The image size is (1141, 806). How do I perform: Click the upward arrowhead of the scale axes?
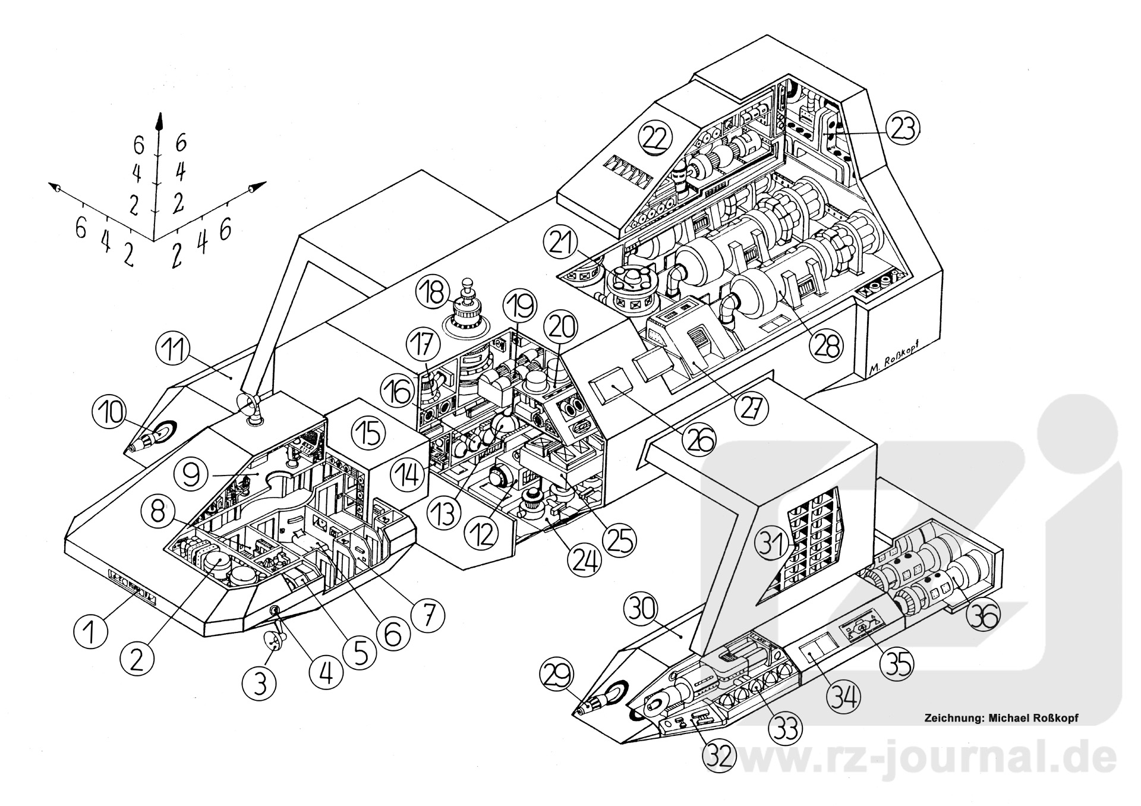pyautogui.click(x=159, y=122)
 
